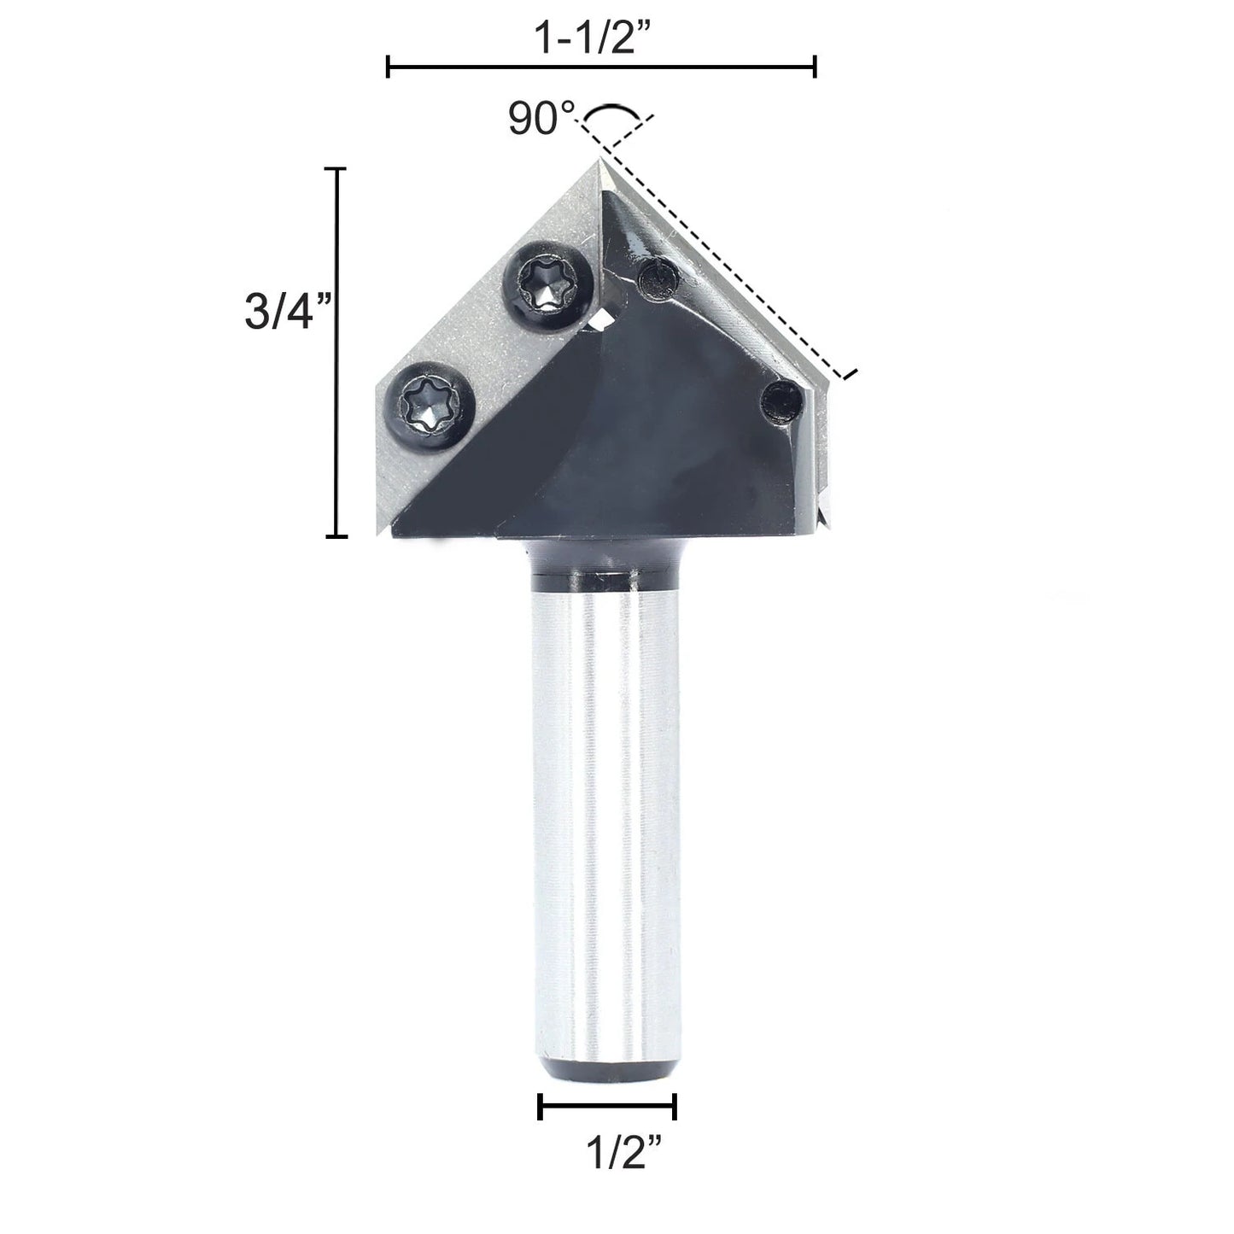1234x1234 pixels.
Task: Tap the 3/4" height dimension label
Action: click(289, 312)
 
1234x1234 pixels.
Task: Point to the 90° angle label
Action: click(541, 119)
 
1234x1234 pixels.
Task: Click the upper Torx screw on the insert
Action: click(548, 286)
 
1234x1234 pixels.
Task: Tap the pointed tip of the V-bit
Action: click(600, 160)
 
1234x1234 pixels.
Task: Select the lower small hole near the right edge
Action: click(781, 403)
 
